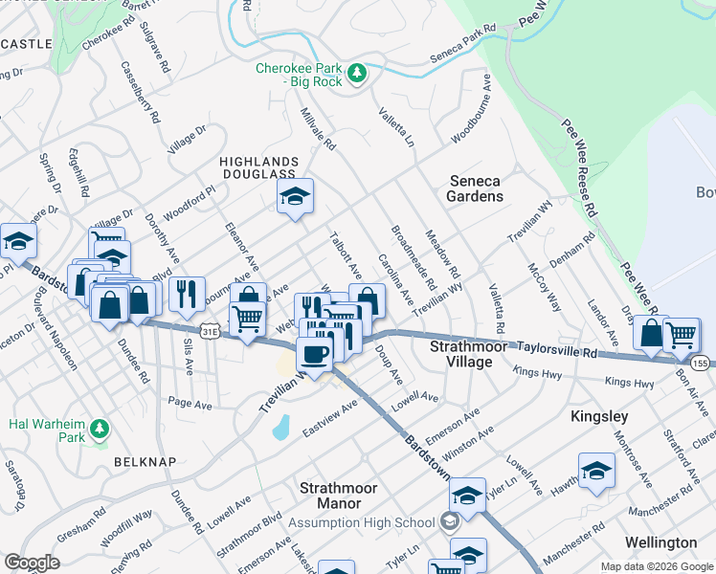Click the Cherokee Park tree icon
pyautogui.click(x=357, y=73)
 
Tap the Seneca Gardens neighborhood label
pyautogui.click(x=475, y=188)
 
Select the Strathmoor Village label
pyautogui.click(x=461, y=353)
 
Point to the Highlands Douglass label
pyautogui.click(x=258, y=166)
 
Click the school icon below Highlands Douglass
pyautogui.click(x=295, y=197)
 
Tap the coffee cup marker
pyautogui.click(x=314, y=354)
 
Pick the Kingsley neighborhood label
pyautogui.click(x=599, y=416)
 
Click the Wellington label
pyautogui.click(x=660, y=542)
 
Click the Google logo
pyautogui.click(x=32, y=563)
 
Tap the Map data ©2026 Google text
pyautogui.click(x=657, y=566)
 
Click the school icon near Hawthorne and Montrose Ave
pyautogui.click(x=596, y=471)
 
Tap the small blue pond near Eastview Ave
pyautogui.click(x=280, y=427)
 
